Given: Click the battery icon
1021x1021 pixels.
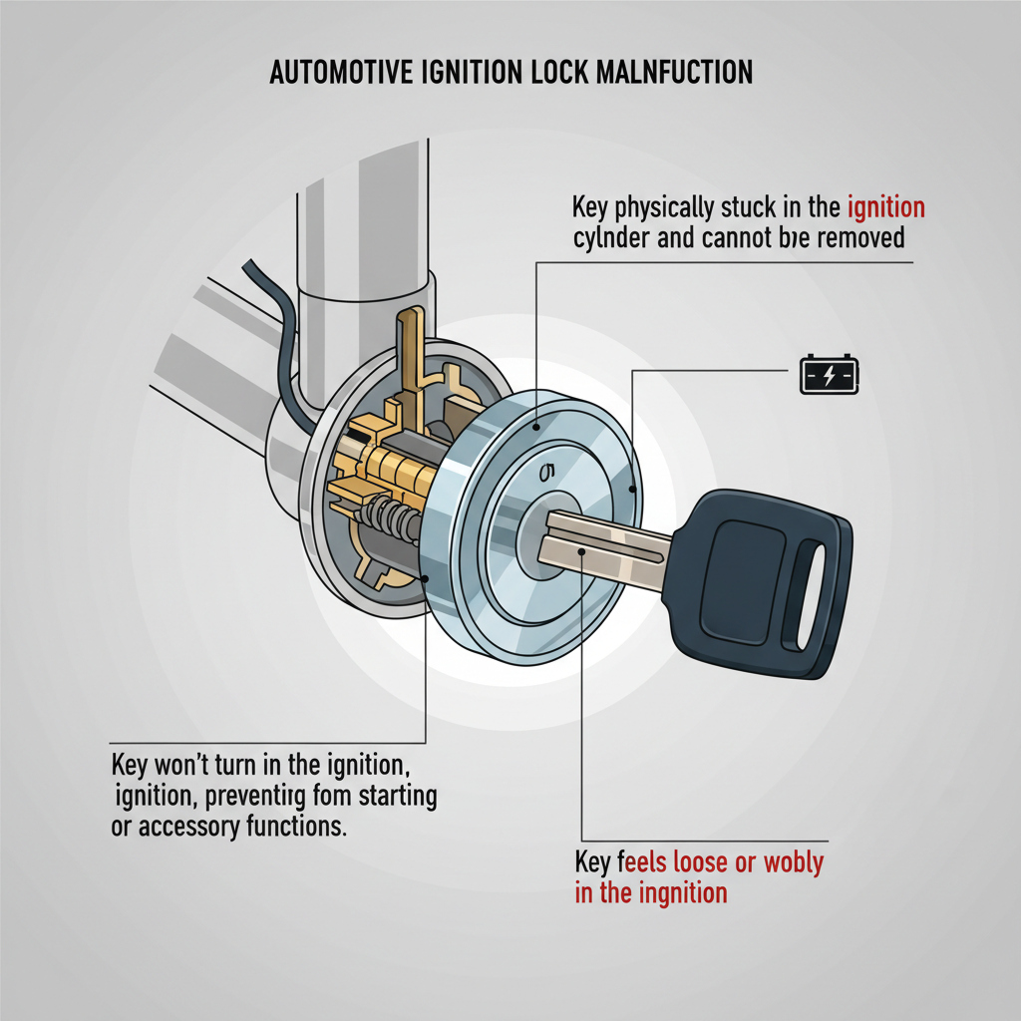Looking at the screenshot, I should pos(829,377).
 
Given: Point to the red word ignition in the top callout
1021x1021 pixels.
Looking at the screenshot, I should pos(885,208).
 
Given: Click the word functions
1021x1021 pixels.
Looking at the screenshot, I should pos(299,828).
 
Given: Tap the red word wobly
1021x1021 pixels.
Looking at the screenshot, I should pos(794,862).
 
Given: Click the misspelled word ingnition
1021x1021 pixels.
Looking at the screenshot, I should pos(678,892).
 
